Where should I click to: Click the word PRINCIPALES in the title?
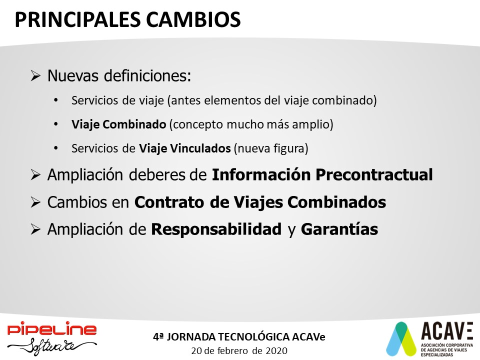pos(77,20)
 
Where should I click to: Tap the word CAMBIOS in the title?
pos(193,20)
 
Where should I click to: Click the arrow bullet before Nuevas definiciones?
pos(35,75)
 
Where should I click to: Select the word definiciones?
pos(147,75)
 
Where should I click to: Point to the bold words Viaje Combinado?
pos(119,124)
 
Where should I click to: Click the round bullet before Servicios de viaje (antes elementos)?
pos(55,100)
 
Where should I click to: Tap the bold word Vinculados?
pos(200,148)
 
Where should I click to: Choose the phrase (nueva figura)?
pos(271,148)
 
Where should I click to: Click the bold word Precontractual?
pos(374,175)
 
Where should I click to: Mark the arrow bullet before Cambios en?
pos(35,202)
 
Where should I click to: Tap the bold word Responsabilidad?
pos(216,229)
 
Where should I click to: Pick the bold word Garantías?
pos(339,229)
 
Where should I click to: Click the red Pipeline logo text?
pos(52,329)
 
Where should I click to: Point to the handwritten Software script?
pos(52,346)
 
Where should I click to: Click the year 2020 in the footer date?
pos(276,351)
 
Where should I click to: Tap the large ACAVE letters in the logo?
pos(447,331)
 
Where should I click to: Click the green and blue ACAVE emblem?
pos(401,338)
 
